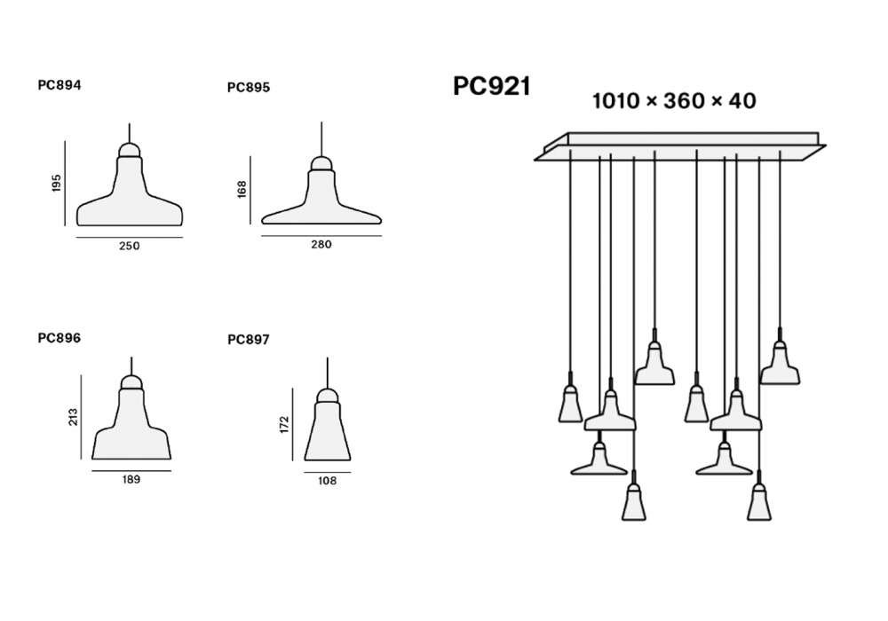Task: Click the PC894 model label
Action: [x=59, y=86]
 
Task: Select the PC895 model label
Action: [x=249, y=87]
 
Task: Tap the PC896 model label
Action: [x=59, y=337]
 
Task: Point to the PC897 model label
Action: [x=249, y=338]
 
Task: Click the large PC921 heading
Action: [x=491, y=86]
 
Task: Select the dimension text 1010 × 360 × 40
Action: [x=674, y=101]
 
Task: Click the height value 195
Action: [x=56, y=185]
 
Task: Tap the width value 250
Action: [x=130, y=246]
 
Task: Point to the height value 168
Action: [x=242, y=190]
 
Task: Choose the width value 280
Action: [x=321, y=244]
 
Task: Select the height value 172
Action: [x=283, y=424]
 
